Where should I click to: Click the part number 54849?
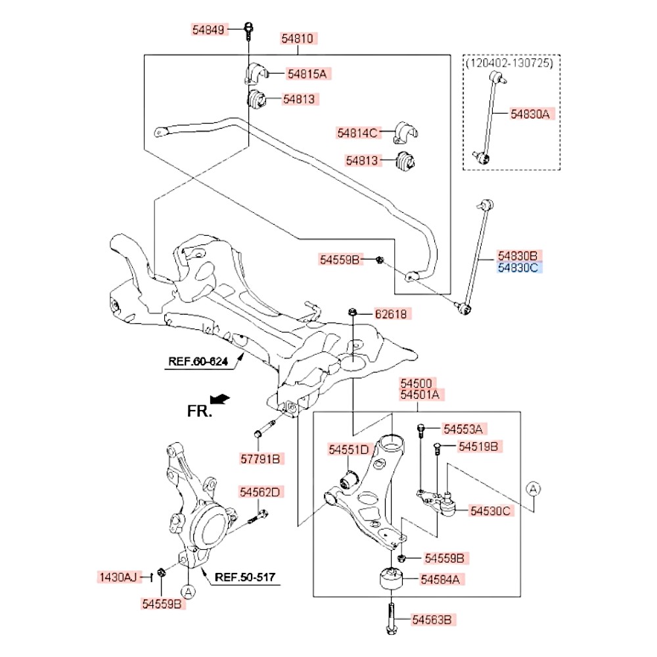point(209,30)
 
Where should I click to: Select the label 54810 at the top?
point(299,39)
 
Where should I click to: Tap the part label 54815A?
point(305,74)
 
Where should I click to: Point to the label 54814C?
point(358,133)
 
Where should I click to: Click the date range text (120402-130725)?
point(510,63)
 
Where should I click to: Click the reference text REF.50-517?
point(245,578)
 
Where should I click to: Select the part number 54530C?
point(490,510)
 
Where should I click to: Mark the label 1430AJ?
point(118,578)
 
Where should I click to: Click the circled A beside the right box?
point(533,488)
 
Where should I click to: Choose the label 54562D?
point(260,491)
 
